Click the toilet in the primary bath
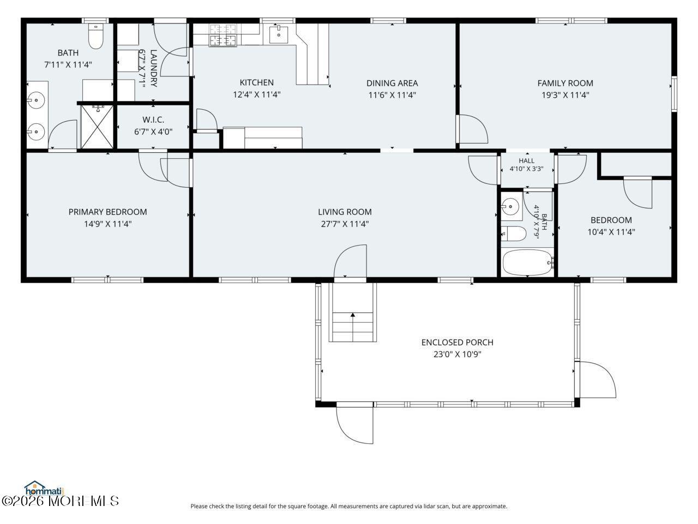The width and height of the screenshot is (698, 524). coord(95,36)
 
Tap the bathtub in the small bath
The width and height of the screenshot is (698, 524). coord(527,262)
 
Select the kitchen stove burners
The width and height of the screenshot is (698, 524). coord(222,35)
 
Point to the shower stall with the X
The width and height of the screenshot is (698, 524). coord(97,127)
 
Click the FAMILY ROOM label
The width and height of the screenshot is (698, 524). coord(565,83)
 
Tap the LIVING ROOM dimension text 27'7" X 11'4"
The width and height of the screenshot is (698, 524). coord(345,224)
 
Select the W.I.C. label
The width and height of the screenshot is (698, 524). coord(153,120)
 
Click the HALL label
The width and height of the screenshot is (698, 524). coord(527,160)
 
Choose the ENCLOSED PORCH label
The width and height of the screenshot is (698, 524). coord(458,342)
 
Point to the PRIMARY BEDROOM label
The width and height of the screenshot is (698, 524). coord(108,212)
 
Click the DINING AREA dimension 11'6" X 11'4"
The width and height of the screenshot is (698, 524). coord(392,95)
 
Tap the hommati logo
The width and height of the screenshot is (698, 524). coord(44,489)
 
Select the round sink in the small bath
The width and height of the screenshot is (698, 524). coord(510,206)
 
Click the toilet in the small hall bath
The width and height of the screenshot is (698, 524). coord(513,234)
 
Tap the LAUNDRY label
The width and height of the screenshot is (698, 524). coord(153,68)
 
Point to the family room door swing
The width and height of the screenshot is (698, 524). coord(473,128)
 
